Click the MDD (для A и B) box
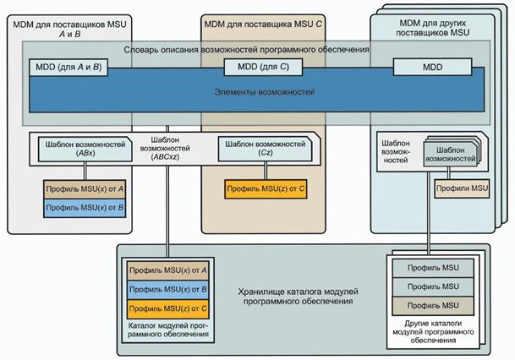tap(68, 66)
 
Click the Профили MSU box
tap(461, 188)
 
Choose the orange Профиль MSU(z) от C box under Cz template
tap(265, 187)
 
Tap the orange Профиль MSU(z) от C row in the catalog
tap(167, 308)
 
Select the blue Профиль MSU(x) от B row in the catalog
tap(167, 289)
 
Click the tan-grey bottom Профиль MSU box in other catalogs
tap(433, 304)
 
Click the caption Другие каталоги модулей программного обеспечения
tap(433, 331)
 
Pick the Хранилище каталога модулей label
tap(297, 295)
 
